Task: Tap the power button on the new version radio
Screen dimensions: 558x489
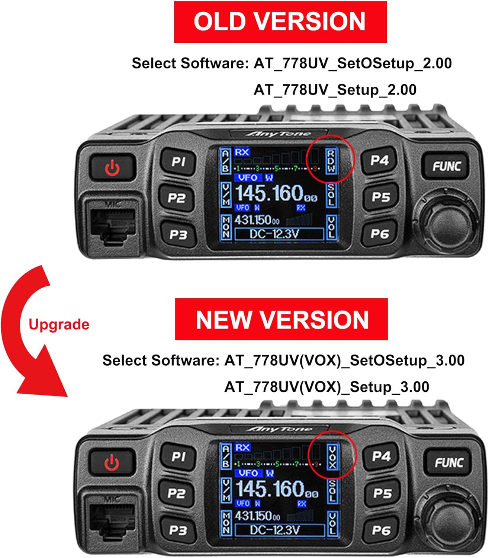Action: tap(112, 463)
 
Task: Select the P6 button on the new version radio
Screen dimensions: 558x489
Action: tap(381, 530)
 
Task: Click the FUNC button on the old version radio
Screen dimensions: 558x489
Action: tap(446, 166)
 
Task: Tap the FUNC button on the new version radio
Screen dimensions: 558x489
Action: tap(448, 462)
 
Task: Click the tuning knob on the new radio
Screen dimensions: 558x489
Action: tap(447, 518)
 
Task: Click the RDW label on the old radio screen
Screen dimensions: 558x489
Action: tap(331, 161)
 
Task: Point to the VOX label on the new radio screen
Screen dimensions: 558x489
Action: tap(332, 457)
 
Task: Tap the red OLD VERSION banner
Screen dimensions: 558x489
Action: tap(280, 22)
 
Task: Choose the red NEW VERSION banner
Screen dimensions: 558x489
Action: tap(282, 320)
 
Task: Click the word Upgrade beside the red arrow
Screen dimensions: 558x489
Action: tap(59, 324)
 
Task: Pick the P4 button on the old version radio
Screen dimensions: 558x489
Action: tap(379, 161)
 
